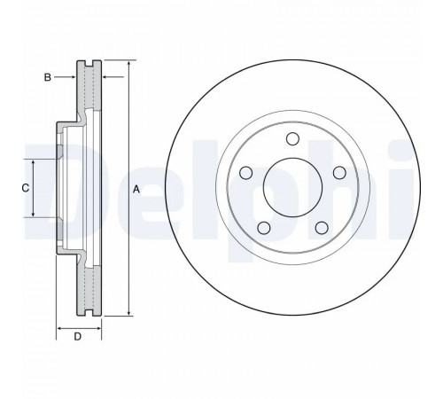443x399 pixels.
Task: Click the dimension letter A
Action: tap(136, 189)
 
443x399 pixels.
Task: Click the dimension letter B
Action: tap(47, 77)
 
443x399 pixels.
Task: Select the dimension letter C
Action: tap(26, 188)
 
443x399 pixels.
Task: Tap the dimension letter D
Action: tap(77, 336)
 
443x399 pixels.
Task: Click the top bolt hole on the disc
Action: tap(292, 139)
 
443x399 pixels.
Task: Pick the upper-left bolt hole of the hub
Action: tap(245, 173)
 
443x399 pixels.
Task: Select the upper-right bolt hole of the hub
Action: tap(339, 173)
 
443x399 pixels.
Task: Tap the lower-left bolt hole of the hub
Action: tap(264, 228)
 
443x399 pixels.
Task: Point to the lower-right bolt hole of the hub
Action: tap(322, 228)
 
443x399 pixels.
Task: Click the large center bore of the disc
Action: tap(292, 188)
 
